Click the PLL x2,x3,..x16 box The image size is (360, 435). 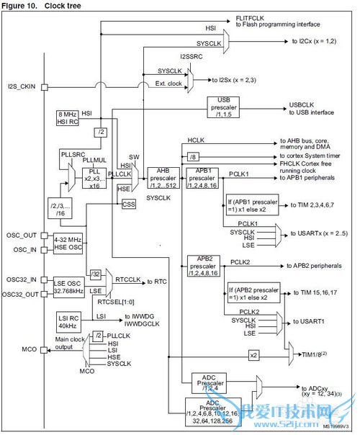pyautogui.click(x=94, y=174)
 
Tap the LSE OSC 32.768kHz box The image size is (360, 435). pyautogui.click(x=68, y=287)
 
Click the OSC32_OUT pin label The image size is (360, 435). pyautogui.click(x=22, y=293)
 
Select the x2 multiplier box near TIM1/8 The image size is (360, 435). pyautogui.click(x=253, y=355)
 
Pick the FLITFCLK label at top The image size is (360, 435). pyautogui.click(x=251, y=16)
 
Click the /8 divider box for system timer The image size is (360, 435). pyautogui.click(x=192, y=156)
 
